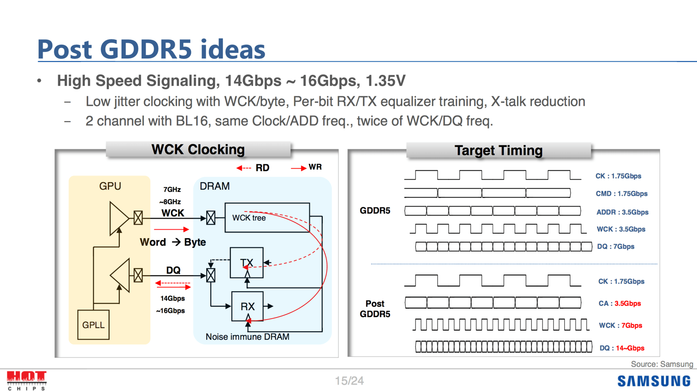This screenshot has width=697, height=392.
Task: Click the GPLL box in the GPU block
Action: [93, 325]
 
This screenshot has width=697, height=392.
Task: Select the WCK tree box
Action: [267, 217]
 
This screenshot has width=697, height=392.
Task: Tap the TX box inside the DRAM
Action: [246, 263]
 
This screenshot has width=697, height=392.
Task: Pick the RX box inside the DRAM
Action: [248, 306]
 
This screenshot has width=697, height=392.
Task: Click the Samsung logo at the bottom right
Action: [654, 381]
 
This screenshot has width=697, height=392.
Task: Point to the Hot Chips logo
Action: [27, 380]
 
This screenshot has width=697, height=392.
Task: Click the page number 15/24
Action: [349, 381]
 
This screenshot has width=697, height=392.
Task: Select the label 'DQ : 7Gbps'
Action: [616, 247]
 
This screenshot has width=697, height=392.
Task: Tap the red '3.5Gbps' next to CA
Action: [627, 303]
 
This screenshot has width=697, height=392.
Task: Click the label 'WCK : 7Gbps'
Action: [620, 325]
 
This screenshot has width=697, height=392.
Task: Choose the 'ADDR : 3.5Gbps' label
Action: [622, 212]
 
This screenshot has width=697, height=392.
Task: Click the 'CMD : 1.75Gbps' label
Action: [621, 193]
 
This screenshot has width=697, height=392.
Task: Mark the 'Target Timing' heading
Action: [498, 150]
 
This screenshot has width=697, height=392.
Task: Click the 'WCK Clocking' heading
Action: [198, 149]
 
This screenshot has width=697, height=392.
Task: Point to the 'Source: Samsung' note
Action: [662, 364]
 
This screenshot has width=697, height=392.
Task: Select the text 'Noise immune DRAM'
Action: [247, 337]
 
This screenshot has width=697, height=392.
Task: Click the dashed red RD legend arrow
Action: [244, 168]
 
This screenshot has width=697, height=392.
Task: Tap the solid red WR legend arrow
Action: [298, 168]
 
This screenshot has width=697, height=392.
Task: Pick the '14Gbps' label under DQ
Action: [172, 298]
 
